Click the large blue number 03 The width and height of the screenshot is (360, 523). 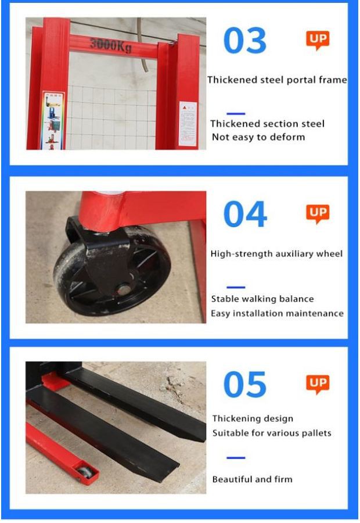(x=245, y=40)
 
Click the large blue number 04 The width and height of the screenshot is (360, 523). (x=245, y=214)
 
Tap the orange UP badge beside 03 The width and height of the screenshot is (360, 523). (x=318, y=40)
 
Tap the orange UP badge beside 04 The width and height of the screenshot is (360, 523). (x=318, y=214)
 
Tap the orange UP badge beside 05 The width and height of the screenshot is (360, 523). (x=318, y=384)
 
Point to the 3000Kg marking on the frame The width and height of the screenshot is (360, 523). (x=111, y=45)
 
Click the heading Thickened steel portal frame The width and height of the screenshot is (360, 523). (x=277, y=80)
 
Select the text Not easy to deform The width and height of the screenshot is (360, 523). (x=258, y=137)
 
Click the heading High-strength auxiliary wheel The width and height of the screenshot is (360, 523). (x=276, y=254)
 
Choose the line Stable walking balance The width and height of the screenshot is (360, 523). (x=262, y=299)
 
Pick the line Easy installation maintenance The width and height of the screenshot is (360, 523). (x=277, y=314)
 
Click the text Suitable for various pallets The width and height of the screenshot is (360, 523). (x=272, y=433)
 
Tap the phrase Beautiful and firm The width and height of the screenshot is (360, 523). (x=253, y=479)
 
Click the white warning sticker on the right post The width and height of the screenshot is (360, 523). (x=188, y=124)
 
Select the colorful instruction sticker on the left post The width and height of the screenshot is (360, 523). (x=53, y=120)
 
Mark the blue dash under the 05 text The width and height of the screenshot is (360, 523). (x=236, y=458)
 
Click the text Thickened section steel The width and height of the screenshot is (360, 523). (x=267, y=124)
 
